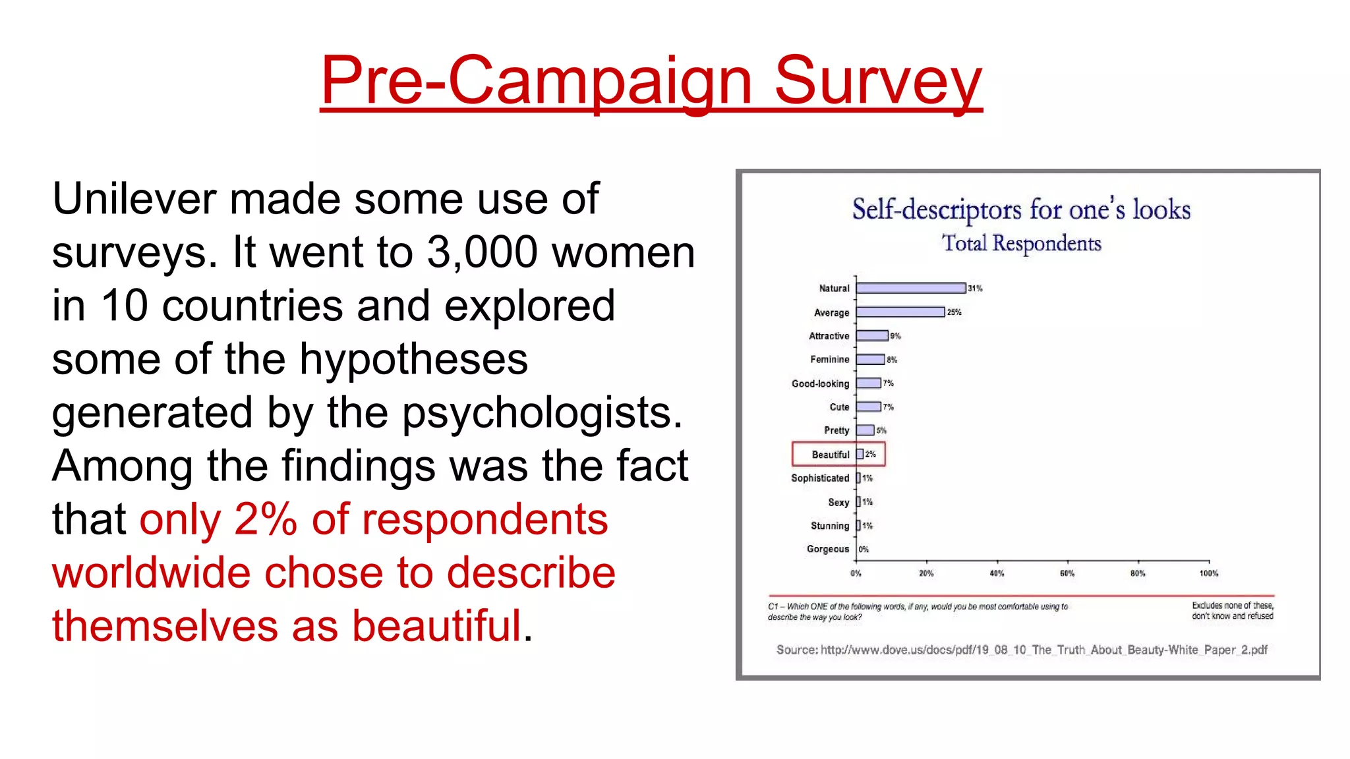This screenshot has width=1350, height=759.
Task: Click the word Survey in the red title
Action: [877, 80]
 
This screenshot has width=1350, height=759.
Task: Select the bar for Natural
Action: [910, 289]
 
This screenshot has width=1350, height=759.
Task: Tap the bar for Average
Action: [900, 312]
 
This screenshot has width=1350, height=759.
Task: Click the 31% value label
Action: [975, 289]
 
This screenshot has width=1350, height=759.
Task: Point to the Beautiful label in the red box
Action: [830, 455]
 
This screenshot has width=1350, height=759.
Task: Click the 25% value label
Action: [954, 312]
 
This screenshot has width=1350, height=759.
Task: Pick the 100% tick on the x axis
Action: [1208, 573]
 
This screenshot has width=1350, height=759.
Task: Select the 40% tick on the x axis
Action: [997, 573]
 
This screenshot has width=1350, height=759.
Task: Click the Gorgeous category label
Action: [827, 549]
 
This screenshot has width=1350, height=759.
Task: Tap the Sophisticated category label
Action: [819, 478]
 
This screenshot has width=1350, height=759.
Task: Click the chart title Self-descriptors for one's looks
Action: [1021, 210]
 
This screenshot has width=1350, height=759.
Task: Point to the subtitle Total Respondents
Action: [1021, 243]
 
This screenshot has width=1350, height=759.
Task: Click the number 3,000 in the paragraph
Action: [482, 252]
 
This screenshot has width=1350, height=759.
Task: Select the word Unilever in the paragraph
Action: [133, 199]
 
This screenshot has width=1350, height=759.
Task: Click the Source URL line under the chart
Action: [1021, 650]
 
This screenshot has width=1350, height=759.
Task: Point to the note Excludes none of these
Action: [1232, 605]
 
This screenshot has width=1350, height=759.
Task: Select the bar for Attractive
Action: [872, 336]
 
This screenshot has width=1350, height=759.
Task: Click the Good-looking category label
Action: [820, 383]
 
